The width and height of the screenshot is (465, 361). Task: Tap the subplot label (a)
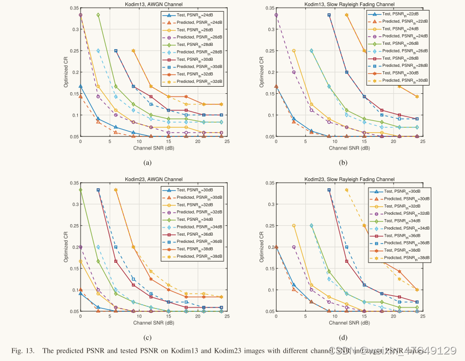[147, 162]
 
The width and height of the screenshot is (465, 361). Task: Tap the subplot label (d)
[343, 337]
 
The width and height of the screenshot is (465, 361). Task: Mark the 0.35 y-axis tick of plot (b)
[268, 8]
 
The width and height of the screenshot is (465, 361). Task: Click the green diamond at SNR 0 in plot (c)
[81, 190]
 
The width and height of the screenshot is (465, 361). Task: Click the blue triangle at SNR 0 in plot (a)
[81, 86]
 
